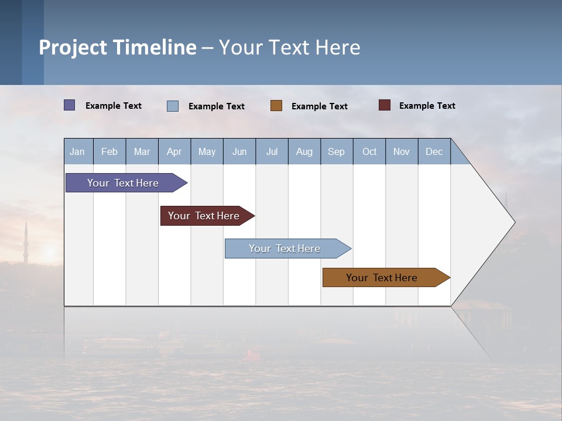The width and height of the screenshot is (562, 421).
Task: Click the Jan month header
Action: click(77, 151)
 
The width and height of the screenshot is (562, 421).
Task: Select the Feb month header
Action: click(109, 151)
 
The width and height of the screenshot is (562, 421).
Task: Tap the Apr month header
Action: click(174, 151)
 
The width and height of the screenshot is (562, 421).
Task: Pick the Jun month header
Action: click(239, 151)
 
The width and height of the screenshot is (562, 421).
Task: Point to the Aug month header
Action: click(304, 151)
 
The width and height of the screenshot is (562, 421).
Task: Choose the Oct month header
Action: click(369, 151)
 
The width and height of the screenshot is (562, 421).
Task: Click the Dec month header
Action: click(434, 151)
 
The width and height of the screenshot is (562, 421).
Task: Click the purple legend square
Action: click(70, 105)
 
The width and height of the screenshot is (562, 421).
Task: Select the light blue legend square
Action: click(173, 106)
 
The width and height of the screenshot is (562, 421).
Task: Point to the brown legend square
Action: click(276, 106)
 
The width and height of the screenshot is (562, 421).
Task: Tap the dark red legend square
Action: click(385, 105)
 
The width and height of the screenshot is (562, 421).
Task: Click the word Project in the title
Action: click(73, 47)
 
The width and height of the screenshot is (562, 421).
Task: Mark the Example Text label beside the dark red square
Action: click(427, 105)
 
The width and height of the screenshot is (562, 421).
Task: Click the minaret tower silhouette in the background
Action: click(26, 243)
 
